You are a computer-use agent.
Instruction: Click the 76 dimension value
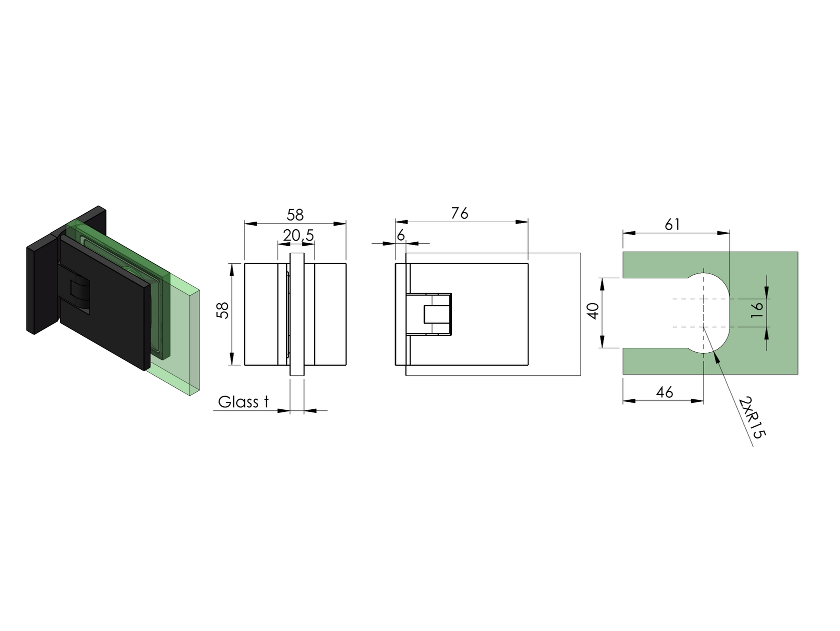pyautogui.click(x=459, y=213)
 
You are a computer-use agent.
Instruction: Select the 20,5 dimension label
pyautogui.click(x=298, y=235)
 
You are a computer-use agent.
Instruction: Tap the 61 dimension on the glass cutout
pyautogui.click(x=672, y=225)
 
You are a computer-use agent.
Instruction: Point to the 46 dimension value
pyautogui.click(x=664, y=392)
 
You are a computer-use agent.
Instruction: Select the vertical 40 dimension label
pyautogui.click(x=594, y=311)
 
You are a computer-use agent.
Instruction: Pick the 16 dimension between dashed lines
pyautogui.click(x=757, y=306)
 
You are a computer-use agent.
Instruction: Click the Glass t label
pyautogui.click(x=243, y=402)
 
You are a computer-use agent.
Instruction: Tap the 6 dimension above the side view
pyautogui.click(x=400, y=235)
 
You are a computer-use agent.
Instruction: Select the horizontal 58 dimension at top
pyautogui.click(x=295, y=215)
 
